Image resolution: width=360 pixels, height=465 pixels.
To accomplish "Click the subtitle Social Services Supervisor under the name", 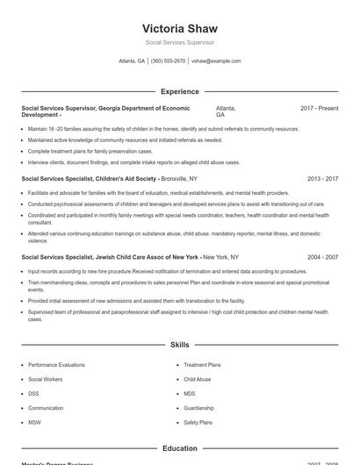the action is click(179, 42).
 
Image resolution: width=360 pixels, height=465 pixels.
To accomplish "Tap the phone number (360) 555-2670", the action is click(168, 61).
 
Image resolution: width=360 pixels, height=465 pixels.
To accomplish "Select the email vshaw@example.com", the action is click(216, 61).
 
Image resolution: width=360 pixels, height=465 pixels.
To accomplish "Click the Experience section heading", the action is click(179, 91).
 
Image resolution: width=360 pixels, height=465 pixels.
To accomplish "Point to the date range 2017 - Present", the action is click(319, 108).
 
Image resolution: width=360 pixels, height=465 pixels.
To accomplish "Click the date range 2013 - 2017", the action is click(322, 178).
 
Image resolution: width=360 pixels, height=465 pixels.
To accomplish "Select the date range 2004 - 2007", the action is click(322, 257).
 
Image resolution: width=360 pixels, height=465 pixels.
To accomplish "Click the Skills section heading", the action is click(179, 346).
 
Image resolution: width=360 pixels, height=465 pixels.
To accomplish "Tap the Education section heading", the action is click(179, 448).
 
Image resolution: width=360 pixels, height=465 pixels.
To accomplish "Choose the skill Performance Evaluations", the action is click(56, 365).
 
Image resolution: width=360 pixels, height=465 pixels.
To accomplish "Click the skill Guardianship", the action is click(198, 408).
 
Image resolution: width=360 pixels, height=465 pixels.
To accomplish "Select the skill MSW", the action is click(34, 422).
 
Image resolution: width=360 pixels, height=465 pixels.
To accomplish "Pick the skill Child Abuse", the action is click(197, 379).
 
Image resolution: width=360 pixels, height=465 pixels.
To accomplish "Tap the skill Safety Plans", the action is click(198, 422).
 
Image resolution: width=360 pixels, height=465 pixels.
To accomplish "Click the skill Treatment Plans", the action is click(202, 365).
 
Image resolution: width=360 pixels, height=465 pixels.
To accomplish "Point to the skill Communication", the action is click(46, 408).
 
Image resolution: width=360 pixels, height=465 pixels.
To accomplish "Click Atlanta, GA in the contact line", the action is click(132, 61).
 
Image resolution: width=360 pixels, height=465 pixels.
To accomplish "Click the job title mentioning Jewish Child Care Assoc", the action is click(111, 257).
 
